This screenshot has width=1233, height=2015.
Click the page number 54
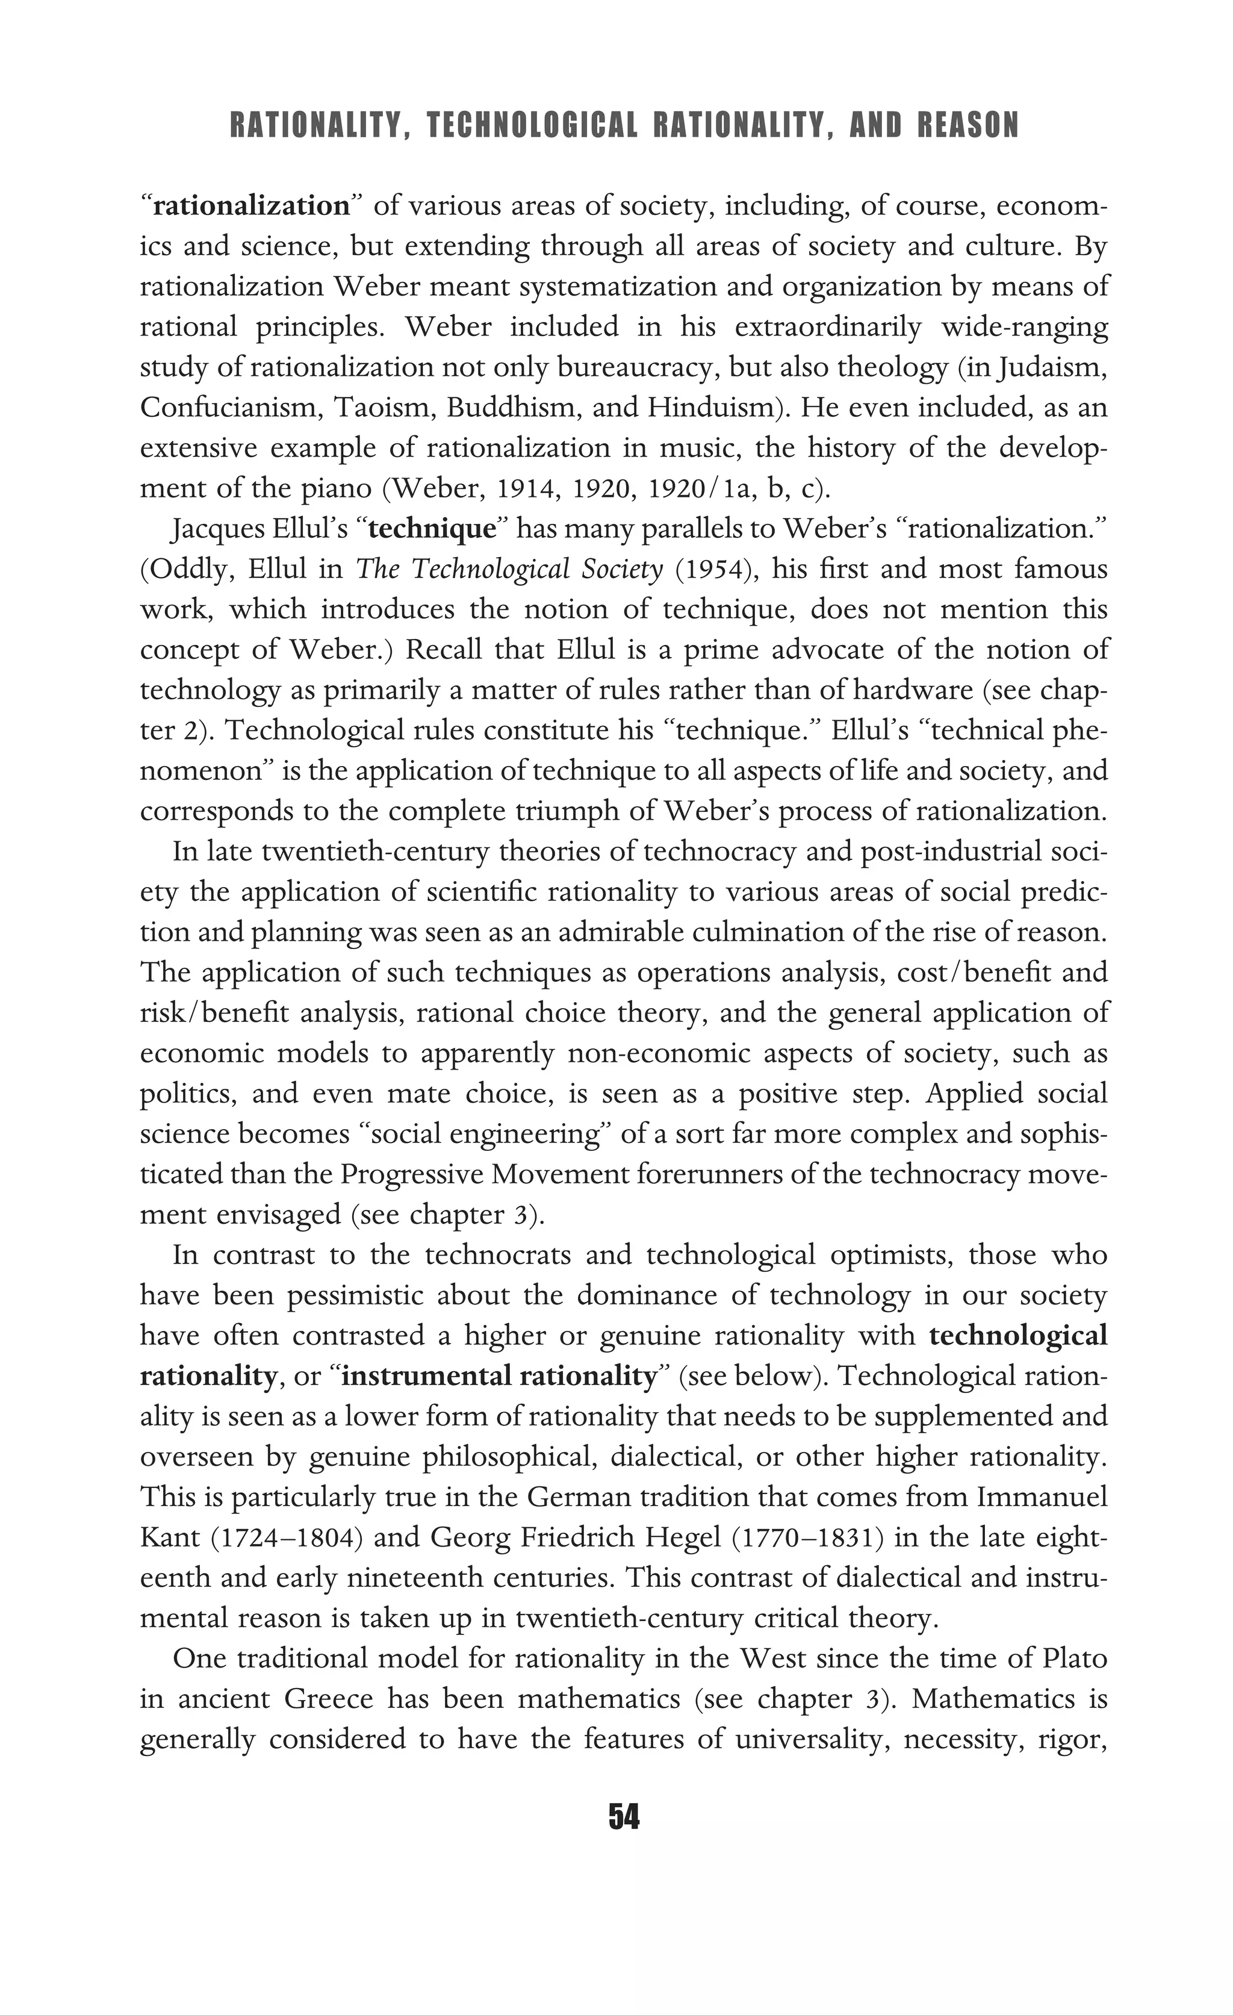624,1816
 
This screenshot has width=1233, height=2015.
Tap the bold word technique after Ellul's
432,529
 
